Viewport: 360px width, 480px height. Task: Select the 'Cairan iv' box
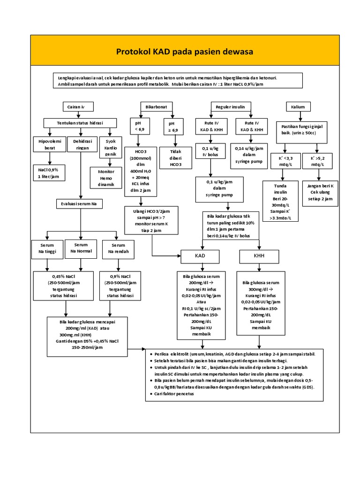click(76, 107)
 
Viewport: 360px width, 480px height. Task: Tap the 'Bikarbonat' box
click(153, 107)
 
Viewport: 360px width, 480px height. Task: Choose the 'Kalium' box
click(298, 107)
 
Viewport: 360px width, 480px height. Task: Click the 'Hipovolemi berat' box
click(46, 144)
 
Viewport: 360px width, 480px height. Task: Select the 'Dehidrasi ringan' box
click(82, 144)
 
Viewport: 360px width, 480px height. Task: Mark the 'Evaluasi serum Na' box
click(79, 204)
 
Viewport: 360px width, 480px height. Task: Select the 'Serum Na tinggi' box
click(46, 248)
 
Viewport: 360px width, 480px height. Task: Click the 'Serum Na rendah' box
click(118, 248)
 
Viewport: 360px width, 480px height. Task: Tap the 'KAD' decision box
click(200, 256)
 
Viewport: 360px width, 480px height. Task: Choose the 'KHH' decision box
click(259, 256)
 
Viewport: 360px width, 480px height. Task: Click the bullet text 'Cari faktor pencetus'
click(174, 394)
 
